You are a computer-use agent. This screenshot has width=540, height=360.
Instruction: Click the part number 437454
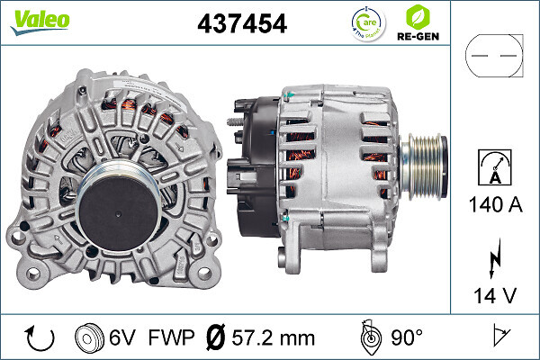tap(241, 24)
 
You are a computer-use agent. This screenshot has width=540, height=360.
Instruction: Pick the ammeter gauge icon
tap(493, 167)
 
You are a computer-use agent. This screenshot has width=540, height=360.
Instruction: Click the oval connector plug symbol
tap(493, 56)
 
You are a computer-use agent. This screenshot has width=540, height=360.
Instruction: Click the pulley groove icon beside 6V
tap(87, 338)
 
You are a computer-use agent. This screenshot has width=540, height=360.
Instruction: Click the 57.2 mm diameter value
tap(273, 338)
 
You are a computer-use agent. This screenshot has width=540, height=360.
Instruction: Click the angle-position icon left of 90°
tap(369, 337)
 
